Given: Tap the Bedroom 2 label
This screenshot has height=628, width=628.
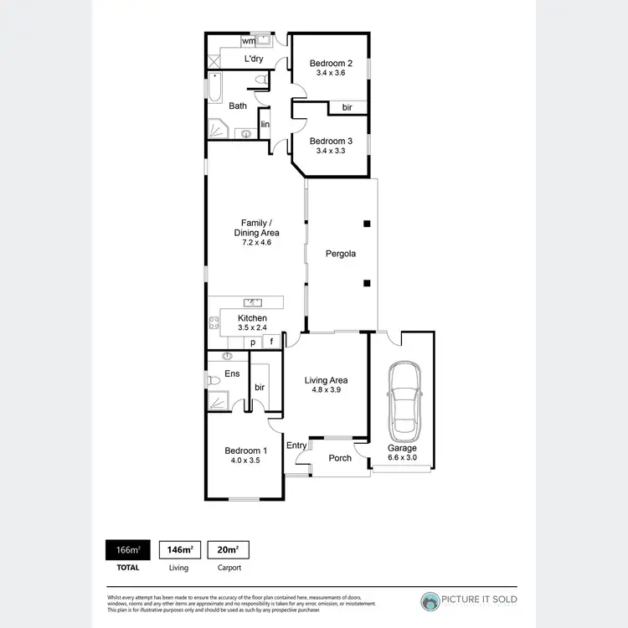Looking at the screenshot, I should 330,63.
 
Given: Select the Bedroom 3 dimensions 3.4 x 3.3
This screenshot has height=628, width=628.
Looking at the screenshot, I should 330,152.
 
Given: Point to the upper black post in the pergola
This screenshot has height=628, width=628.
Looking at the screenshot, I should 366,224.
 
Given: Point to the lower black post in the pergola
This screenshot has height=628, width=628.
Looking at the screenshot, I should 366,283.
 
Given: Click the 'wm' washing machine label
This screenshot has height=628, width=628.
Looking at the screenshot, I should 249,40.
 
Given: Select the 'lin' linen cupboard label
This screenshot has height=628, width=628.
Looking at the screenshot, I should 265,125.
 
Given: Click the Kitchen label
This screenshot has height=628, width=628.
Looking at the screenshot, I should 252,318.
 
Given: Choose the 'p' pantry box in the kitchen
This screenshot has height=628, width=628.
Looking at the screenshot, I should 252,342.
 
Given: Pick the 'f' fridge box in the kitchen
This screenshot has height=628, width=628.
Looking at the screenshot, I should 272,342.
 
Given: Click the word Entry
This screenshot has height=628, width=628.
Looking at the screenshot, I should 296,445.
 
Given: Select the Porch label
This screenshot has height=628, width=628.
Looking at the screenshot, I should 340,458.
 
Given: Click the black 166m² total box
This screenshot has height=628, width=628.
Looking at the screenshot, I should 127,550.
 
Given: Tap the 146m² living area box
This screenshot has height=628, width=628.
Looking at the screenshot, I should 179,550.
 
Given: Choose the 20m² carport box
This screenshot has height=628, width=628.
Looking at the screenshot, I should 228,550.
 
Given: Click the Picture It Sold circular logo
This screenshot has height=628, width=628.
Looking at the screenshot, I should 430,600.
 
